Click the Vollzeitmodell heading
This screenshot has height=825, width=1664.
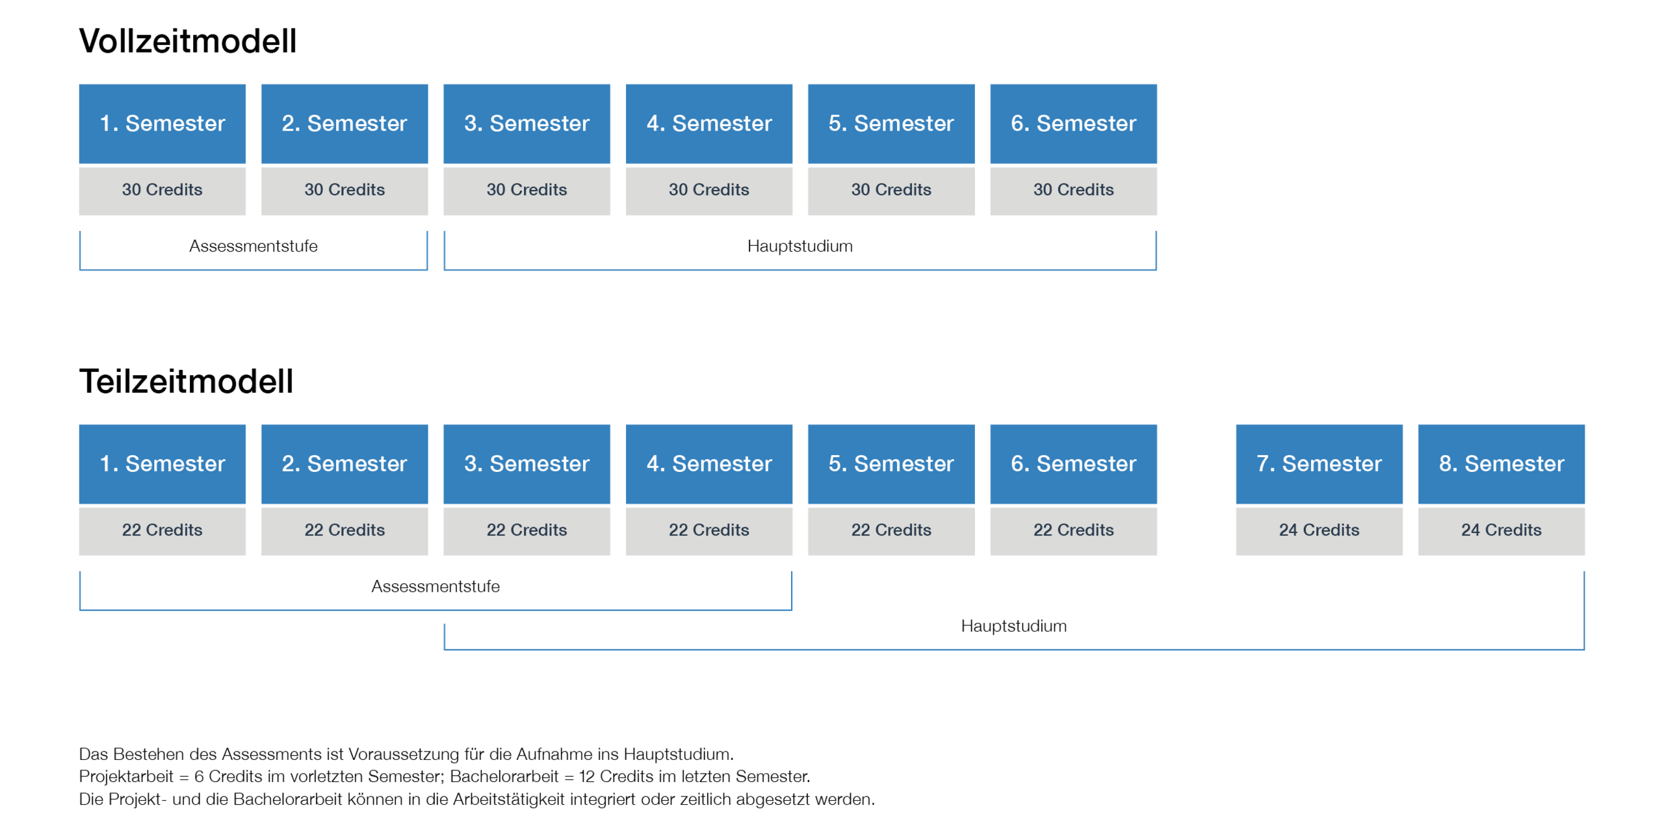(x=188, y=41)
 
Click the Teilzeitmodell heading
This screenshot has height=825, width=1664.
(x=186, y=381)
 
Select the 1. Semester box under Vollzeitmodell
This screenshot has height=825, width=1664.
(x=162, y=124)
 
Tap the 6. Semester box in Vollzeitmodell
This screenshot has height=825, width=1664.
(x=1073, y=124)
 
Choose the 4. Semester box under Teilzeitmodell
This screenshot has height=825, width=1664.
(x=709, y=464)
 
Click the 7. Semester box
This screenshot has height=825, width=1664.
(x=1319, y=464)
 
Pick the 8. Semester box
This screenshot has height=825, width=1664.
(x=1501, y=464)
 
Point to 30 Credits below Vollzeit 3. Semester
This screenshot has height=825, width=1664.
(x=526, y=190)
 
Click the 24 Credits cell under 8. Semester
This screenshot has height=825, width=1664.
(x=1501, y=531)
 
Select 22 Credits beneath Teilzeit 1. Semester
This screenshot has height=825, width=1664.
(x=162, y=531)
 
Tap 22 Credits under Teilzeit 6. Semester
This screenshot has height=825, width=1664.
(x=1073, y=531)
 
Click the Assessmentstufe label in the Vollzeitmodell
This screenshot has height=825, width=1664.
(x=253, y=246)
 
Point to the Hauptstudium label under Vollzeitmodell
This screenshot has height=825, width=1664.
(x=800, y=246)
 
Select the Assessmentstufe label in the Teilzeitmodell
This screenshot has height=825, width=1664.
(x=435, y=586)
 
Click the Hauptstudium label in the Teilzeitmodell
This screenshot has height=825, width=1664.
(x=1014, y=626)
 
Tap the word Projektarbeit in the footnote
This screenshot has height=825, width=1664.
(x=126, y=776)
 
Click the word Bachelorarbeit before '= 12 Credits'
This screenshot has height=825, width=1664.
(x=504, y=776)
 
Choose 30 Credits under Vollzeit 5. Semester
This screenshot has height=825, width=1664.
(x=891, y=190)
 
